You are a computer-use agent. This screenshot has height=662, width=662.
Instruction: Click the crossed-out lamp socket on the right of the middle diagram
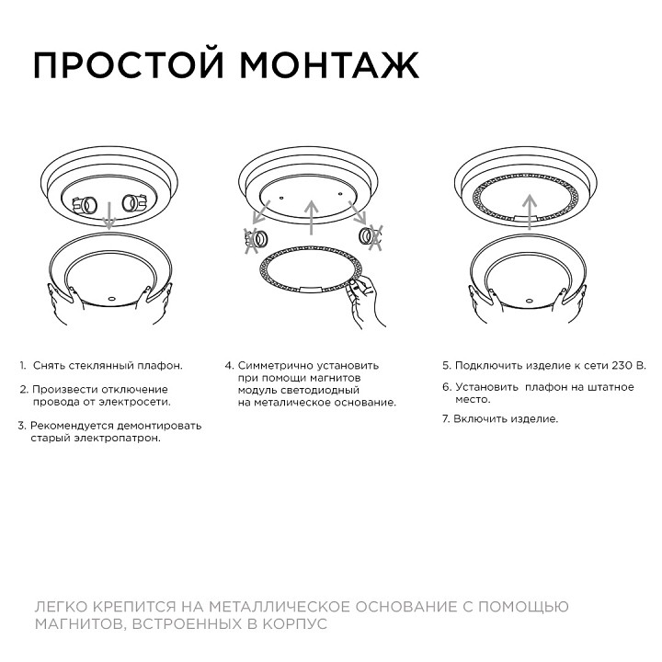pos(371,238)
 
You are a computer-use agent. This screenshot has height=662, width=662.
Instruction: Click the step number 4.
pos(228,365)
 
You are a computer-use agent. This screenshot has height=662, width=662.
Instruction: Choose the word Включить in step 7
pos(477,419)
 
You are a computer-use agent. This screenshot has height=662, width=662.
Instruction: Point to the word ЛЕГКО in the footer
pos(61,608)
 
